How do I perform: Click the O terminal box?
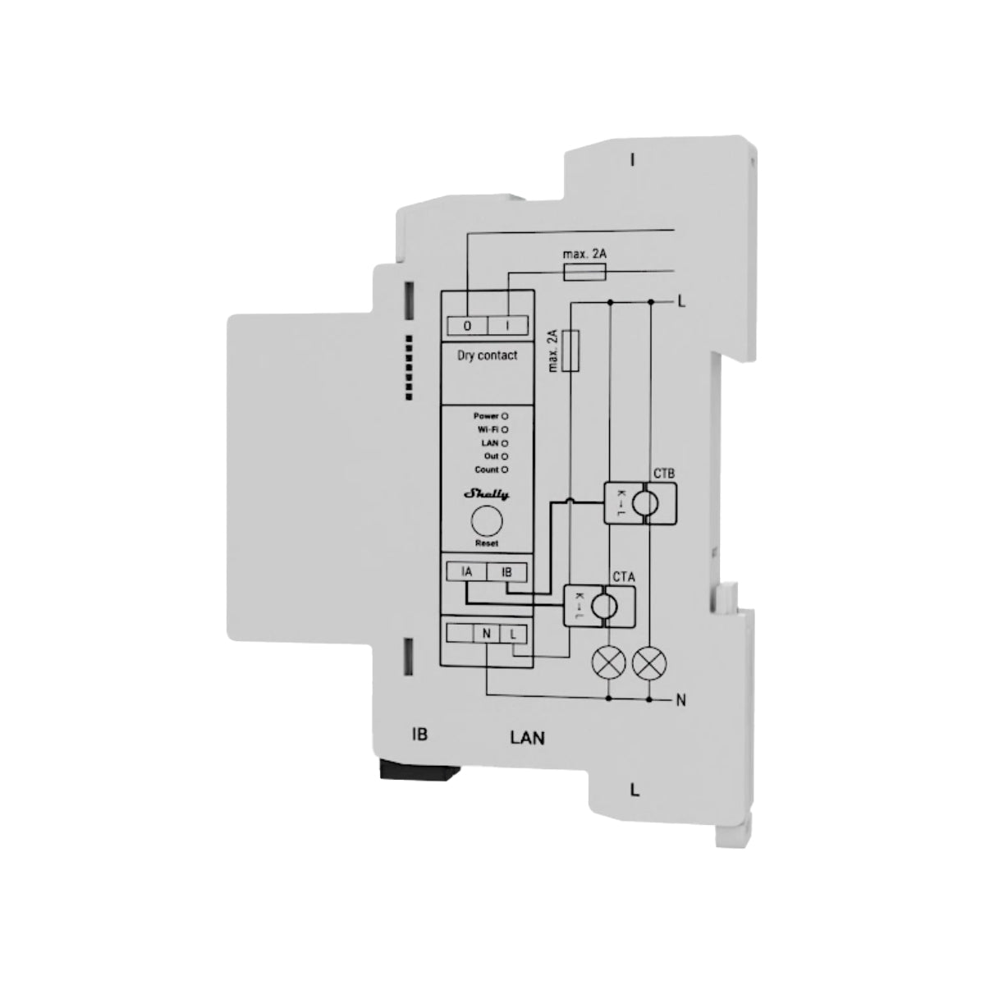pos(468,326)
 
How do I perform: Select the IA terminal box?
pos(466,572)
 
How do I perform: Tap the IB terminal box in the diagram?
pos(506,572)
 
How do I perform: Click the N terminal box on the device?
pos(487,634)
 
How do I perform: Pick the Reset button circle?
pos(487,521)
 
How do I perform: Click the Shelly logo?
pos(487,494)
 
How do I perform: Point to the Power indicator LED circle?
pos(505,417)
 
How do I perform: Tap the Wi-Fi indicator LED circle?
pos(505,430)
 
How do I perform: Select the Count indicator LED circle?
pos(505,470)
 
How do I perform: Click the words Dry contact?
pos(487,355)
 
